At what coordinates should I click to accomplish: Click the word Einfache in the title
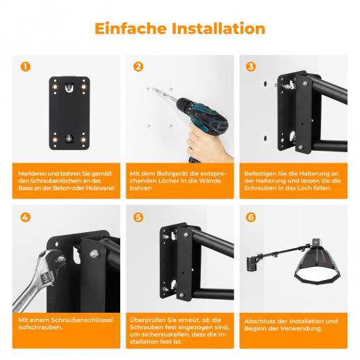pyautogui.click(x=131, y=28)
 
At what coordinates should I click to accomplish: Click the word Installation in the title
pyautogui.click(x=218, y=28)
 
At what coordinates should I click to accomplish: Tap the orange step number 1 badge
pyautogui.click(x=26, y=67)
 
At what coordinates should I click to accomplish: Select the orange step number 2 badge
pyautogui.click(x=138, y=67)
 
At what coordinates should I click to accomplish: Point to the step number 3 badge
pyautogui.click(x=251, y=67)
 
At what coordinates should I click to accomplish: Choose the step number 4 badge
pyautogui.click(x=26, y=218)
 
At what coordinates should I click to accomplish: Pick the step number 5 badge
pyautogui.click(x=138, y=218)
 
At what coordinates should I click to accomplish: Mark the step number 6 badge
pyautogui.click(x=251, y=218)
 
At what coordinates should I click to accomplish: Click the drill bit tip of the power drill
pyautogui.click(x=152, y=88)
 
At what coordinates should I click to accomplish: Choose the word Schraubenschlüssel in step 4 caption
pyautogui.click(x=82, y=320)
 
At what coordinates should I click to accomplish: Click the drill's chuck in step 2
pyautogui.click(x=183, y=105)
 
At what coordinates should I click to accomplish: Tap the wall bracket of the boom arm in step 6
pyautogui.click(x=252, y=264)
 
